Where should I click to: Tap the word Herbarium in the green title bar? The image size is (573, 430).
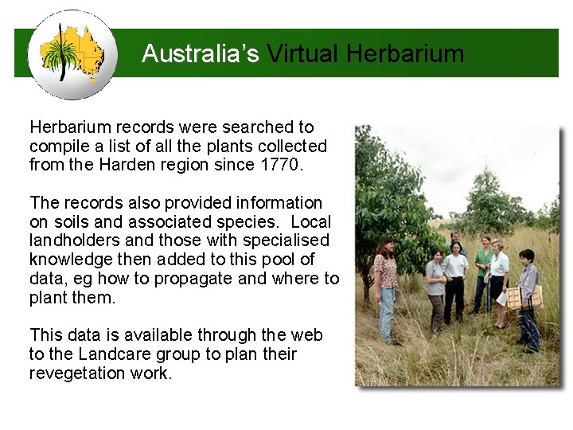pos(405,54)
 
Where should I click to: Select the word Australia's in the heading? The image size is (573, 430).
pos(200,54)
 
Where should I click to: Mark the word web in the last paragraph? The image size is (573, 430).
pos(306,335)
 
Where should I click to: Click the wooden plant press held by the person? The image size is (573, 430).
pos(523,297)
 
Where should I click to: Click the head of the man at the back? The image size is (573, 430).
pos(455,236)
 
